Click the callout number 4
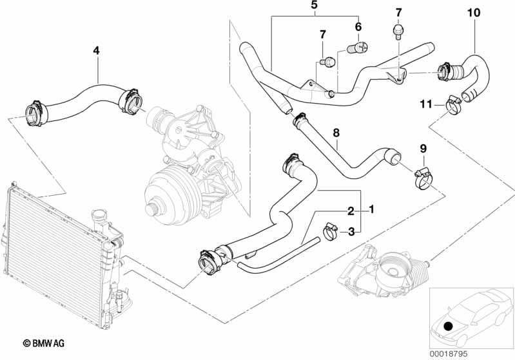coord(96,49)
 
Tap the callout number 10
coord(474,12)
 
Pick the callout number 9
coord(405,149)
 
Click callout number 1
coord(371,210)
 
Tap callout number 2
coord(350,211)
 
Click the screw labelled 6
coord(355,47)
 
